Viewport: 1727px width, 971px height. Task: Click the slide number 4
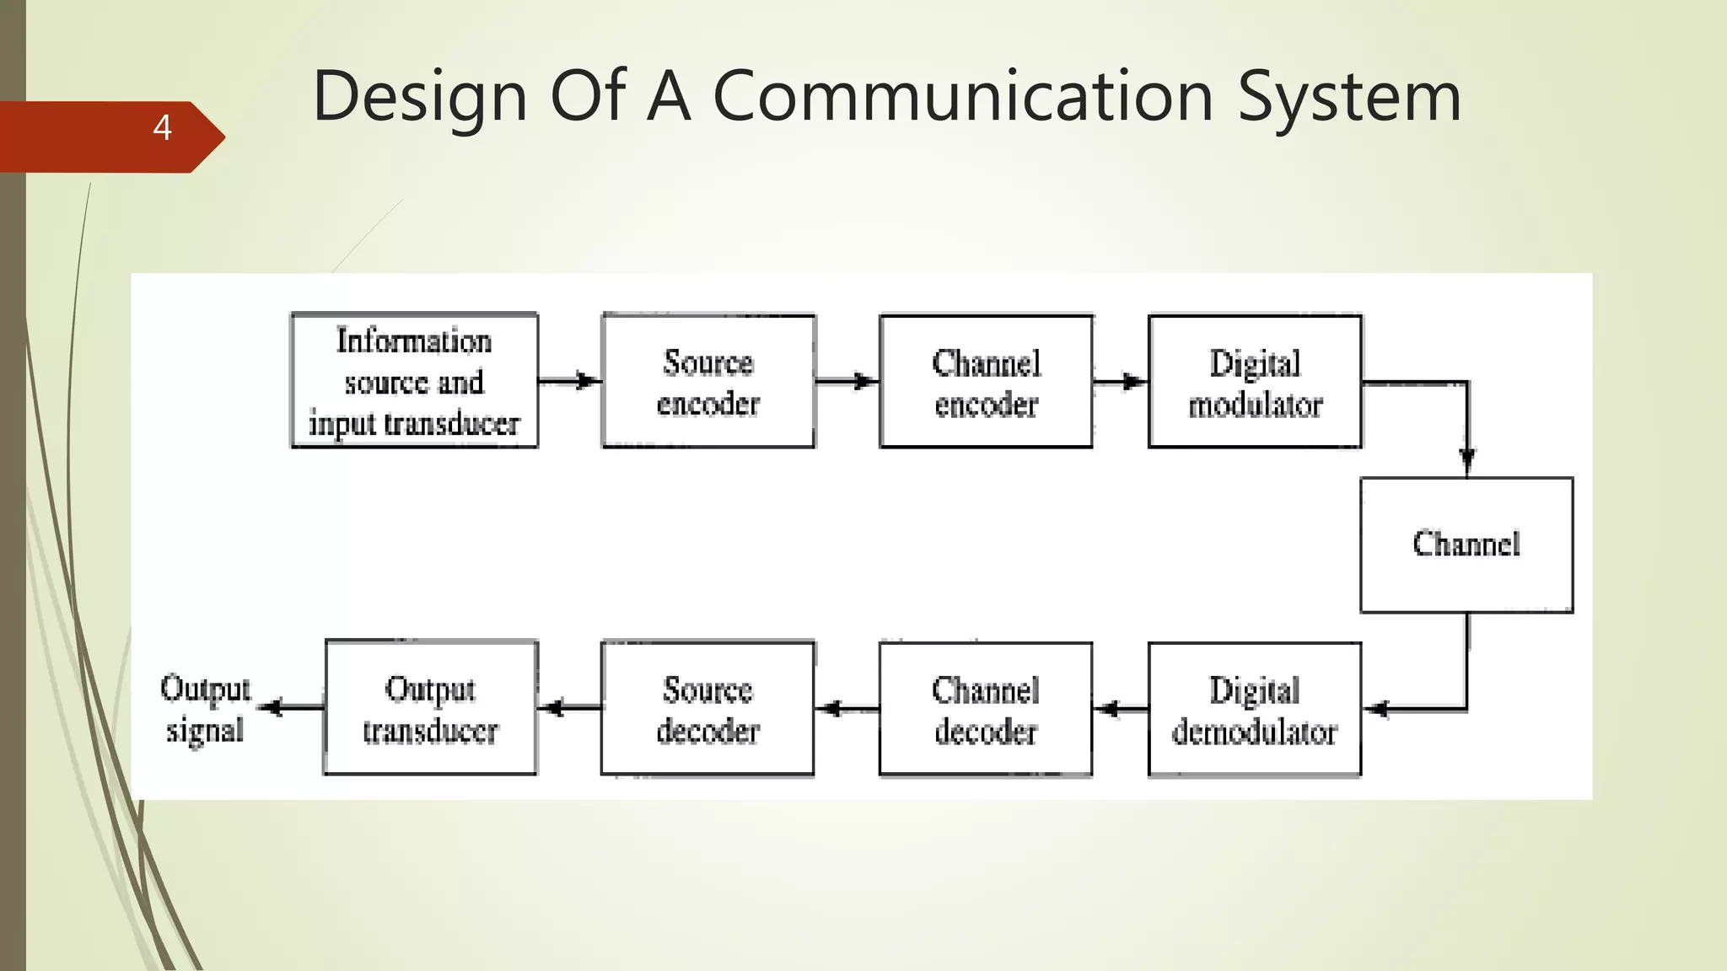tap(162, 128)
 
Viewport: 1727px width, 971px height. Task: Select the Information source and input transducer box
tap(414, 381)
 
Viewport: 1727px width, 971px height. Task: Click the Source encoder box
tap(708, 382)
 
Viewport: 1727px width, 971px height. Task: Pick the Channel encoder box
tap(986, 382)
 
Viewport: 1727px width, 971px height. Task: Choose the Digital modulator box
tap(1255, 382)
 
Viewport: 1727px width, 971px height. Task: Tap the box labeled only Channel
tap(1466, 545)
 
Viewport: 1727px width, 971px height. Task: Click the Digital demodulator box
tap(1254, 709)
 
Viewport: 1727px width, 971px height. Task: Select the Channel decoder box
tap(985, 709)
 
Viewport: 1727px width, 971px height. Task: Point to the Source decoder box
tap(707, 709)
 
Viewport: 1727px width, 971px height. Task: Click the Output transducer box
tap(430, 707)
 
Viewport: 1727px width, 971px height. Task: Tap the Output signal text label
tap(205, 709)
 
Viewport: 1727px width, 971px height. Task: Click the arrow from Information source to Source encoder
tap(570, 381)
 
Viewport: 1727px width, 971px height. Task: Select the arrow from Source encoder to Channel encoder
tap(847, 381)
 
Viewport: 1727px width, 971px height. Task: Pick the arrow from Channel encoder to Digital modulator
tap(1121, 382)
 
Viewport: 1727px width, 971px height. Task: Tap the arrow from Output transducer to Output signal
tap(289, 707)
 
